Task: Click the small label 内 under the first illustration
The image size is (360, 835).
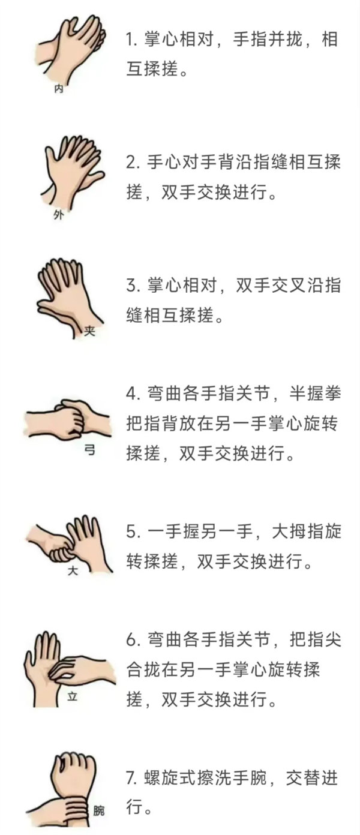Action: click(x=59, y=89)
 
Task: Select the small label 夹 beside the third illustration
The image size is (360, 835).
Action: click(x=89, y=331)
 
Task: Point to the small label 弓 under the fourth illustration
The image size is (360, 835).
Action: click(x=89, y=450)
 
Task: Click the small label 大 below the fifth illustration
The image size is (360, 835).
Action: click(x=73, y=570)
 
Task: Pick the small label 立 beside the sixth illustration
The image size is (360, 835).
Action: click(x=72, y=696)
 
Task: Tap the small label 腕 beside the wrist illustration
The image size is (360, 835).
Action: click(x=98, y=810)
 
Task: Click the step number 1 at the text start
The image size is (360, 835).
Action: click(x=130, y=40)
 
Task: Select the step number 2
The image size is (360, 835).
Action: click(x=131, y=163)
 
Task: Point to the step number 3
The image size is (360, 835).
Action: click(x=131, y=286)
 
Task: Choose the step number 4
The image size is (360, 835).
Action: click(x=131, y=394)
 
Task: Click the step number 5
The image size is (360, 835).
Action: click(x=131, y=531)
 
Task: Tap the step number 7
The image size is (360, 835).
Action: click(x=131, y=777)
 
